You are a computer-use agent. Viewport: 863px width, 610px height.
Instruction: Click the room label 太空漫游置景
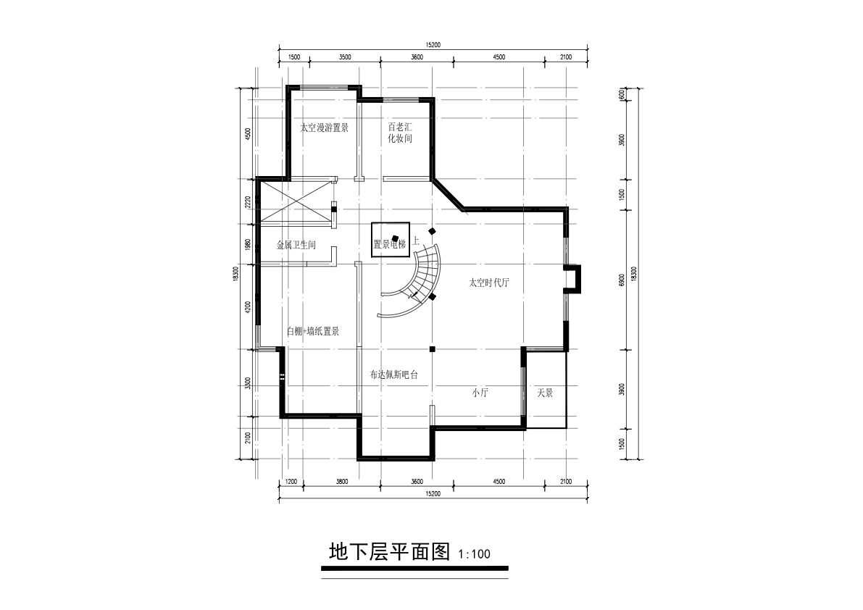(x=324, y=128)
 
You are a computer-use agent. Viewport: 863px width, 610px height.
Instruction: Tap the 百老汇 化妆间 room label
(x=400, y=133)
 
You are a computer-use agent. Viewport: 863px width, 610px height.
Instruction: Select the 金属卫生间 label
(x=296, y=246)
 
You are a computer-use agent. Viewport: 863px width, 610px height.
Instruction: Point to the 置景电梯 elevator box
(x=391, y=239)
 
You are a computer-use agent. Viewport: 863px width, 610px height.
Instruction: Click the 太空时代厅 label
(x=489, y=283)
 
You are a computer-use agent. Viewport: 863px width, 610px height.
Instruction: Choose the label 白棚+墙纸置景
(x=313, y=332)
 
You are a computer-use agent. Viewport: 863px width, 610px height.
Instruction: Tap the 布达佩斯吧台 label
(x=394, y=375)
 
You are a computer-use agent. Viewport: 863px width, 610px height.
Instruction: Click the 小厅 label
(x=480, y=393)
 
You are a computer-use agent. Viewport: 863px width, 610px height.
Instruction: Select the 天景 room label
(x=545, y=393)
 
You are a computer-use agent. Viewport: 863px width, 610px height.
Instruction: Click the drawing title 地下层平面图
(x=390, y=552)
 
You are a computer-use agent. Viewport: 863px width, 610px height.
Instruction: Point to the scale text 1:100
(x=474, y=554)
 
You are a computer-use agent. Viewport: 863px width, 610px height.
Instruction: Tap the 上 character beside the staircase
(x=415, y=241)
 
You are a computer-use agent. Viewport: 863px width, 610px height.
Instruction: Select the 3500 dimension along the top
(x=345, y=57)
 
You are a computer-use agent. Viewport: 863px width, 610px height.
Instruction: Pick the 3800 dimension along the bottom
(x=342, y=482)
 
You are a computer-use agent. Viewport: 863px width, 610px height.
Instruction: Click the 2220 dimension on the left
(x=248, y=202)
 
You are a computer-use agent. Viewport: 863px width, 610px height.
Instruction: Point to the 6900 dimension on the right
(x=622, y=280)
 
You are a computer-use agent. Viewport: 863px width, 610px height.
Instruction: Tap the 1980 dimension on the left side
(x=248, y=245)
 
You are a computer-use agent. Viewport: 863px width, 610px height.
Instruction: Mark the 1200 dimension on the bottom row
(x=291, y=482)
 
